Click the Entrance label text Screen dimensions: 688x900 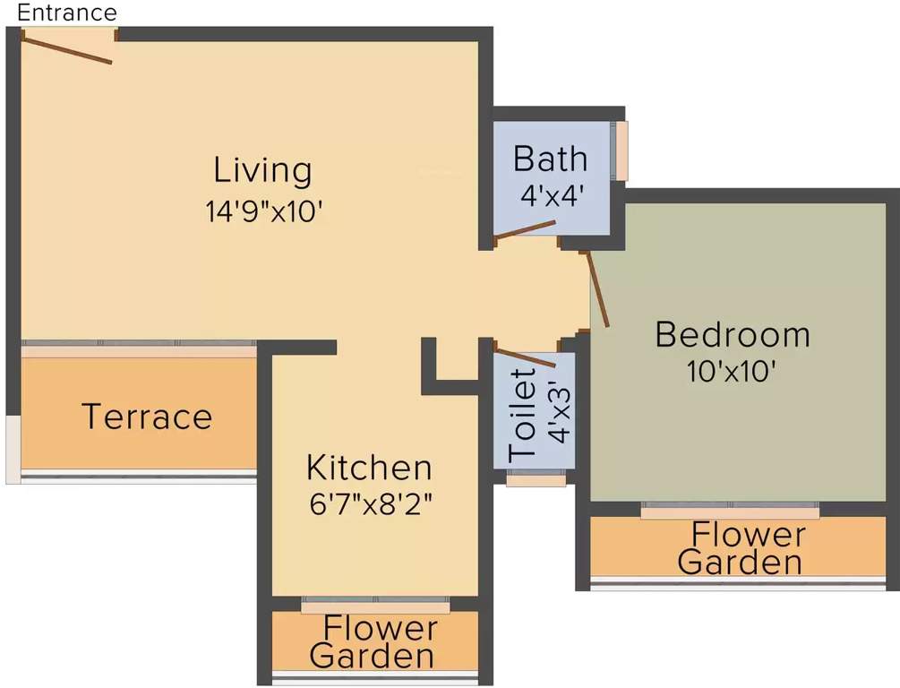tap(67, 13)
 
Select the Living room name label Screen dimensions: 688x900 tap(262, 169)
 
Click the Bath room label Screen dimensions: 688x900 tap(550, 159)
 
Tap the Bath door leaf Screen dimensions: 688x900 tap(526, 233)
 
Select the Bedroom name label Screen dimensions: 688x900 tap(732, 334)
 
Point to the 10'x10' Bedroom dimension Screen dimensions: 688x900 tap(732, 370)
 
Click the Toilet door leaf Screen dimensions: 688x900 tap(526, 357)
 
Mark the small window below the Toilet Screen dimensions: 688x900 tap(536, 481)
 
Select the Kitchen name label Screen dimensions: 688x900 tap(368, 467)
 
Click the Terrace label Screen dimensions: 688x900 tap(147, 417)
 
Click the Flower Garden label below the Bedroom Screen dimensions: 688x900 tap(740, 548)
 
